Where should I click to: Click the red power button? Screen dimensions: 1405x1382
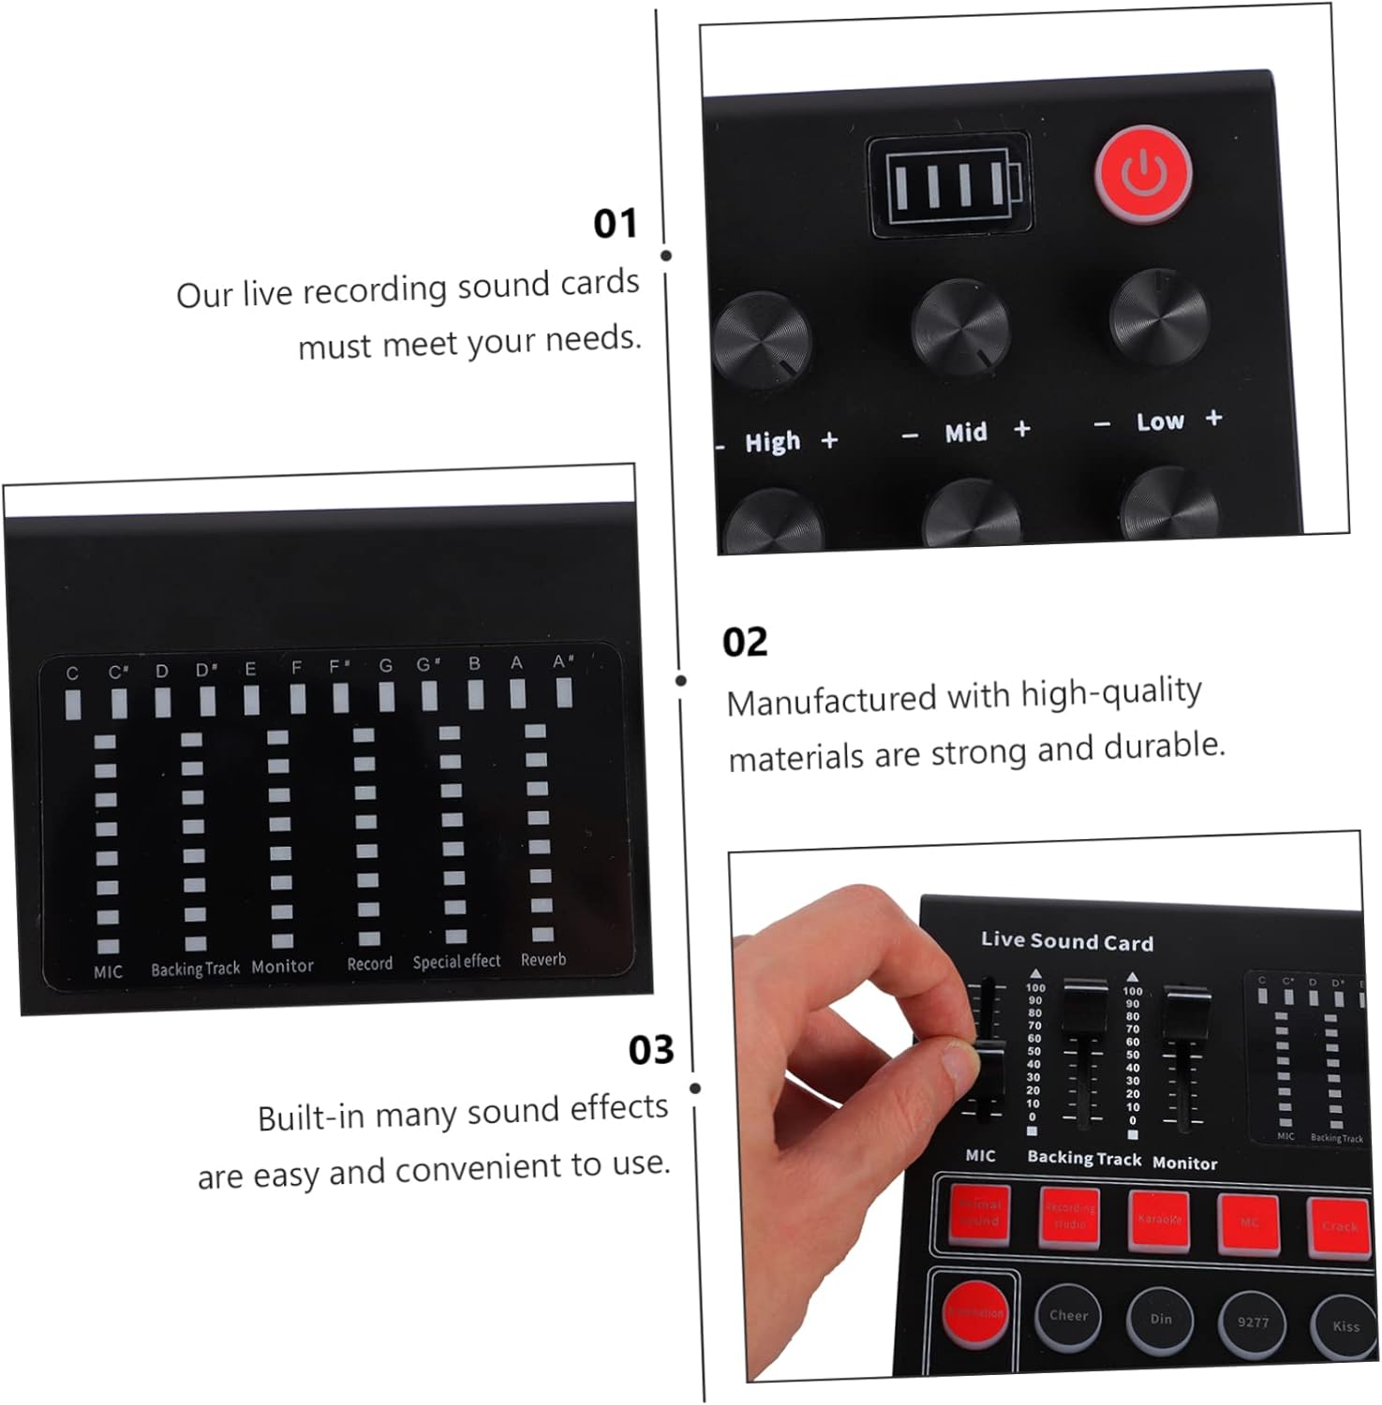point(1144,174)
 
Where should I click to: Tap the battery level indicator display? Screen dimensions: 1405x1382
point(950,185)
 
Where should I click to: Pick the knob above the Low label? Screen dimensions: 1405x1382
point(1159,317)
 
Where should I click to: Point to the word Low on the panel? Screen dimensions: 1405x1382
point(1160,422)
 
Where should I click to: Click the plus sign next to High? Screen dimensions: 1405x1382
point(829,439)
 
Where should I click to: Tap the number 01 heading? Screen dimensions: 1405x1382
point(615,224)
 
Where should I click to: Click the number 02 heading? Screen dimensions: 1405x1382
point(745,643)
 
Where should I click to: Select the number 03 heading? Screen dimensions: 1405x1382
point(651,1050)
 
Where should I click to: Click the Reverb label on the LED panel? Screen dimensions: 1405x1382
point(543,960)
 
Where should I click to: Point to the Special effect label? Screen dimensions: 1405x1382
point(456,962)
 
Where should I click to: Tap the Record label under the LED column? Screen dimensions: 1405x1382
point(369,964)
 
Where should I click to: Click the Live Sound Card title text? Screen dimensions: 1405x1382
point(1066,941)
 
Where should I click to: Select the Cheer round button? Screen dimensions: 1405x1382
point(1068,1316)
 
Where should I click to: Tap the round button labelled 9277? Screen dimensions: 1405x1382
point(1253,1323)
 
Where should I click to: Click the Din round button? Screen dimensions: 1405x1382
point(1161,1320)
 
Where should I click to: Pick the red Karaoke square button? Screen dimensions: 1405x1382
point(1159,1220)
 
